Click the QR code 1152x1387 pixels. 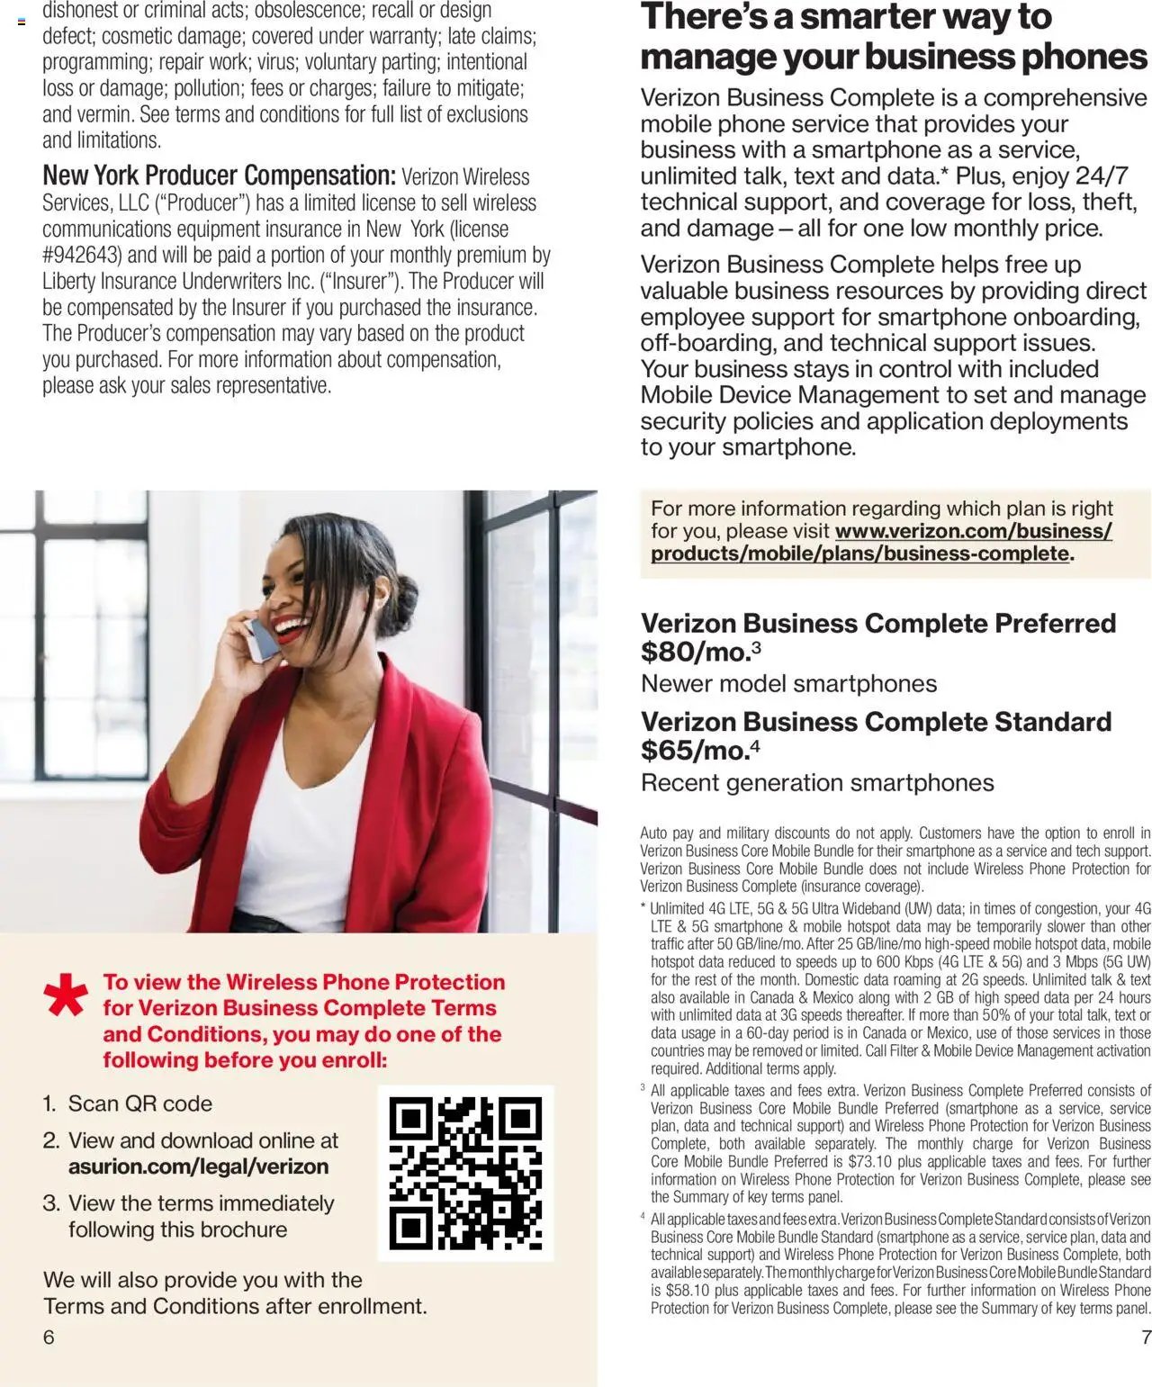465,1173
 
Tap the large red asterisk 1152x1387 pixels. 66,996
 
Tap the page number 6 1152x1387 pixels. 49,1337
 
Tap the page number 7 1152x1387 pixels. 1146,1337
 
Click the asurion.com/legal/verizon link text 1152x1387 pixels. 198,1166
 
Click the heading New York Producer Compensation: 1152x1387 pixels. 219,176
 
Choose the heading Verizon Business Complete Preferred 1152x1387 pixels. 877,623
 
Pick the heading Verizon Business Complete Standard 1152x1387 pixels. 876,722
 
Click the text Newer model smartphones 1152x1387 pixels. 788,684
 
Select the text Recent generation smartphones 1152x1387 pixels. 817,783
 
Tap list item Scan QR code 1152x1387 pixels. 139,1103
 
